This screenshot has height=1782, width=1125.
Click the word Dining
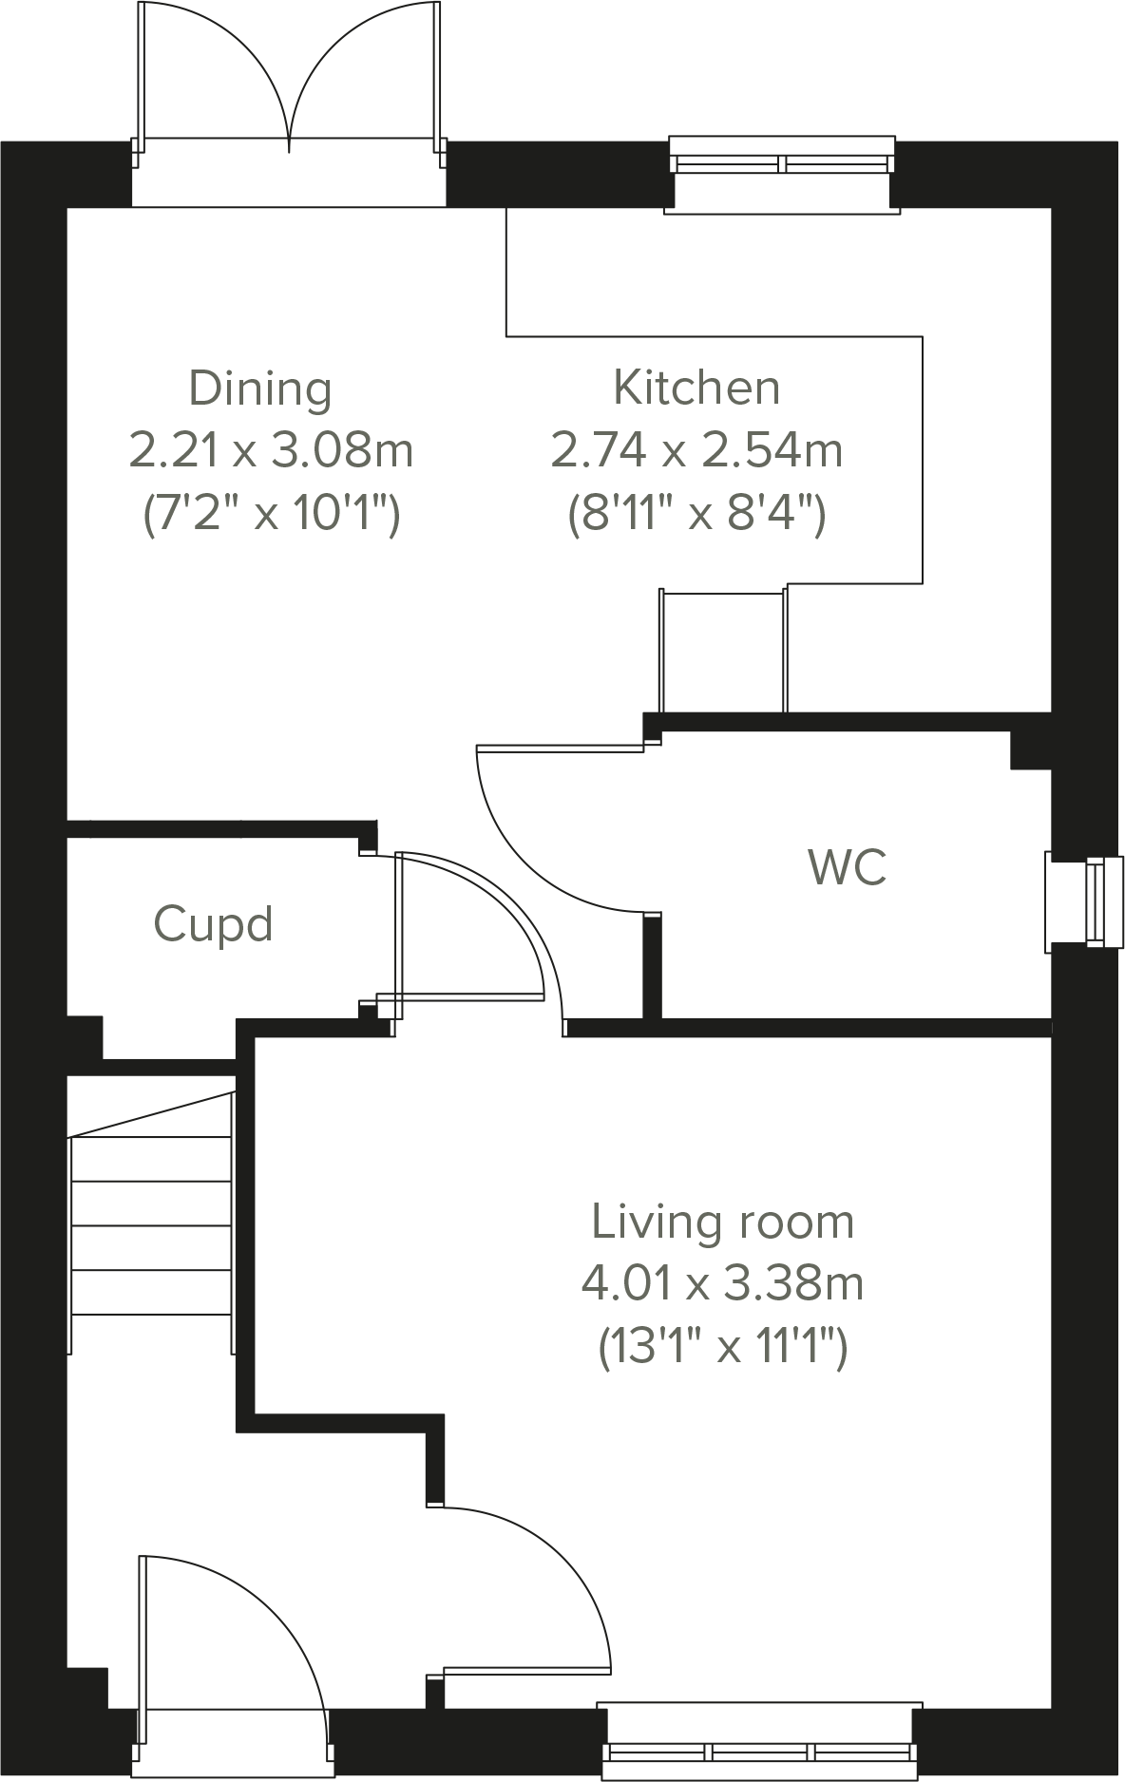[260, 389]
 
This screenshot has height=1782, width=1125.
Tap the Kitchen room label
[696, 388]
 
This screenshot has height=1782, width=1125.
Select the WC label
[848, 866]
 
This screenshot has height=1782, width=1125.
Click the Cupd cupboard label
[214, 924]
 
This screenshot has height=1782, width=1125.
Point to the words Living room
[723, 1222]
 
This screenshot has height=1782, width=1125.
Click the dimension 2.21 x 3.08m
[271, 450]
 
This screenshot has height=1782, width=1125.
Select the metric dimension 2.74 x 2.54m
[696, 450]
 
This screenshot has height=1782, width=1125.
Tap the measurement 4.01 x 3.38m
[723, 1284]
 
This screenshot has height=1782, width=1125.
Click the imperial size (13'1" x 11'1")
[723, 1347]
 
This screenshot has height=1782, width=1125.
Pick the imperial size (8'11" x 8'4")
[696, 514]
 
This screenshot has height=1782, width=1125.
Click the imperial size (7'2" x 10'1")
[271, 514]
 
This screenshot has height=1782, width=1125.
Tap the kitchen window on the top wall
[782, 164]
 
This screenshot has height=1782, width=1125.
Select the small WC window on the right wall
[1093, 902]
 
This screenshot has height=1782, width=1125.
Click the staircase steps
[152, 1225]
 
